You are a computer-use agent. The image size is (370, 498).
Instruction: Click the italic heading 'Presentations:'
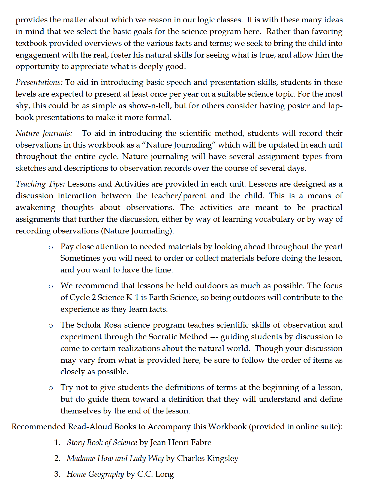point(39,82)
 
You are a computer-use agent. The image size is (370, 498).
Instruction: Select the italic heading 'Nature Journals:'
point(44,133)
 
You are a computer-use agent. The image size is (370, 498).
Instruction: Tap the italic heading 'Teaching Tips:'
point(40,184)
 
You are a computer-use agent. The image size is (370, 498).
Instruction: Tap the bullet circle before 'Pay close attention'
point(51,247)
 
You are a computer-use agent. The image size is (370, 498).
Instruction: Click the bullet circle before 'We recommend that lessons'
point(51,286)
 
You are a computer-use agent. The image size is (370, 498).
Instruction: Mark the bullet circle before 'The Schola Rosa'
point(51,325)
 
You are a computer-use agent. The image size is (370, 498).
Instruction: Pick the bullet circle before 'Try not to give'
point(51,388)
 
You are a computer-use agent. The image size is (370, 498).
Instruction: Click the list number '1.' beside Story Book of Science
point(57,442)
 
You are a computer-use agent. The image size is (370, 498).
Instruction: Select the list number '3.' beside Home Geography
point(57,474)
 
